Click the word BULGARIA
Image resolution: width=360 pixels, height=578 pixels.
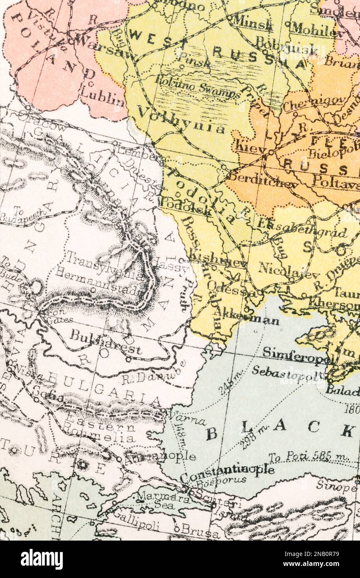coord(104,389)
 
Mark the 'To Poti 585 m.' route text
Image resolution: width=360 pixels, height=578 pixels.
coord(308,457)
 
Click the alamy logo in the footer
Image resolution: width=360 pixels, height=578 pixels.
coord(42,559)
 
